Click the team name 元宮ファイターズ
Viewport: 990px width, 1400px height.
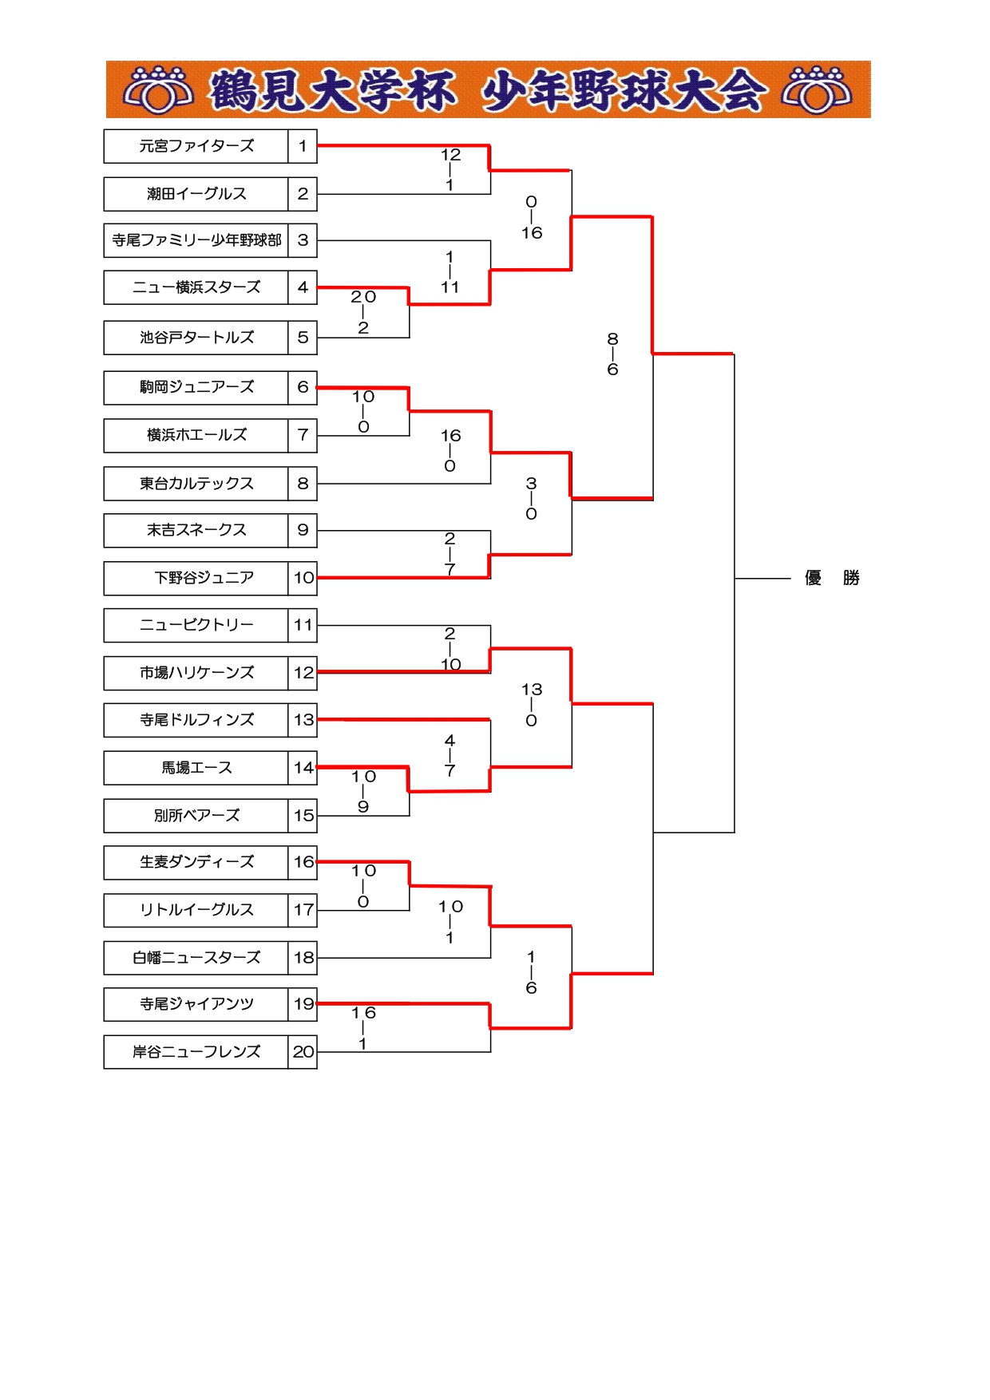coord(196,146)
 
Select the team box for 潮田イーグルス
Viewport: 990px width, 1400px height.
coord(196,194)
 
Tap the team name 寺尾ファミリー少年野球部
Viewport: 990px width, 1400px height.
coord(196,240)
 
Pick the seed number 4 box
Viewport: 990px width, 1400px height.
coord(303,287)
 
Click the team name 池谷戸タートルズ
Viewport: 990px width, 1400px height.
coord(196,338)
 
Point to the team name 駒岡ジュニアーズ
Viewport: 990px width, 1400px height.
coord(196,387)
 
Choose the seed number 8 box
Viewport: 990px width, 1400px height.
coord(303,484)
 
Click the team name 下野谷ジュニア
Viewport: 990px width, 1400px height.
coord(204,578)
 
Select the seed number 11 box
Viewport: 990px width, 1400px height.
coord(303,625)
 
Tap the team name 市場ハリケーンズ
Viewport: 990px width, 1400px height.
coord(196,673)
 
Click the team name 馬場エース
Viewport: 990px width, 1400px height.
coord(196,768)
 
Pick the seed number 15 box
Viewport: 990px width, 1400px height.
coord(303,816)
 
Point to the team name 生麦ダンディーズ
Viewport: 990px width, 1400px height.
coord(196,862)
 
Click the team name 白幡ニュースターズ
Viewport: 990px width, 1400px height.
coord(196,958)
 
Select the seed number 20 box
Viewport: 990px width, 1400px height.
coord(303,1052)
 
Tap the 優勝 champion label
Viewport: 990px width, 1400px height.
coord(832,578)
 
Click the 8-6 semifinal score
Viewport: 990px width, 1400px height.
coord(612,354)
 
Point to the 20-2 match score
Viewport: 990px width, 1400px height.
coord(363,312)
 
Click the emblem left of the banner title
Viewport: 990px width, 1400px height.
coord(158,89)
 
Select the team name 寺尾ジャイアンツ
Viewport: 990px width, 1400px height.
coord(196,1004)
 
